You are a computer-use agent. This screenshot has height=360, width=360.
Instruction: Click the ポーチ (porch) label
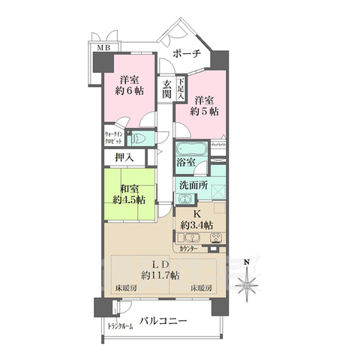point(186,54)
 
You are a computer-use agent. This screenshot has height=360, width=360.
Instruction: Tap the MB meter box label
point(98,49)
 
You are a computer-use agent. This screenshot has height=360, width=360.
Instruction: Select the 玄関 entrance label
point(166,89)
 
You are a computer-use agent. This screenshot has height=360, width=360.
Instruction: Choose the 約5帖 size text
point(202,111)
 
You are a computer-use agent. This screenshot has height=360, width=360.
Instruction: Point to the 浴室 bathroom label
point(187,162)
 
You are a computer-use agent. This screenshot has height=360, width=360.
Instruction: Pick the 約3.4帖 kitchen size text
point(196,226)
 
